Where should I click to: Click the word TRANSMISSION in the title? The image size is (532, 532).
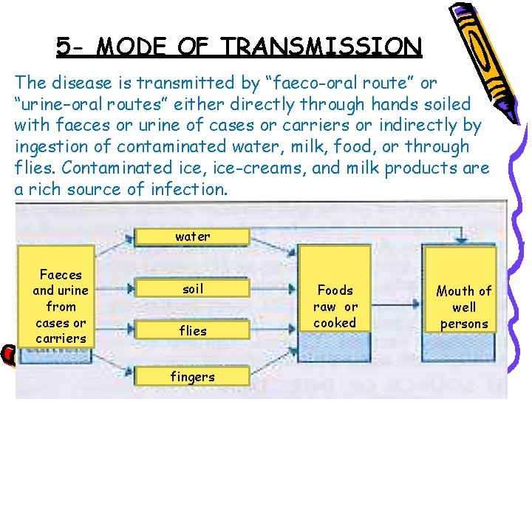click(321, 47)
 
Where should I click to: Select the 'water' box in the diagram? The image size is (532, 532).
click(192, 236)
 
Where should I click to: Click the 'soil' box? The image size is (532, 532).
click(192, 289)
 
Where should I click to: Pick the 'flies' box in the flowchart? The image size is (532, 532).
click(192, 331)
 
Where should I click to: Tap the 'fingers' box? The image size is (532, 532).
click(192, 377)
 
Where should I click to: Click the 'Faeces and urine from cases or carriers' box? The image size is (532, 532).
click(61, 306)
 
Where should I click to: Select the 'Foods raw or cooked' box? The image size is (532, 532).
click(335, 306)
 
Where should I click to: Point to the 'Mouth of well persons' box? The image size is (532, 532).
click(464, 307)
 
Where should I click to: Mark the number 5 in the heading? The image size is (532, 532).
click(65, 47)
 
